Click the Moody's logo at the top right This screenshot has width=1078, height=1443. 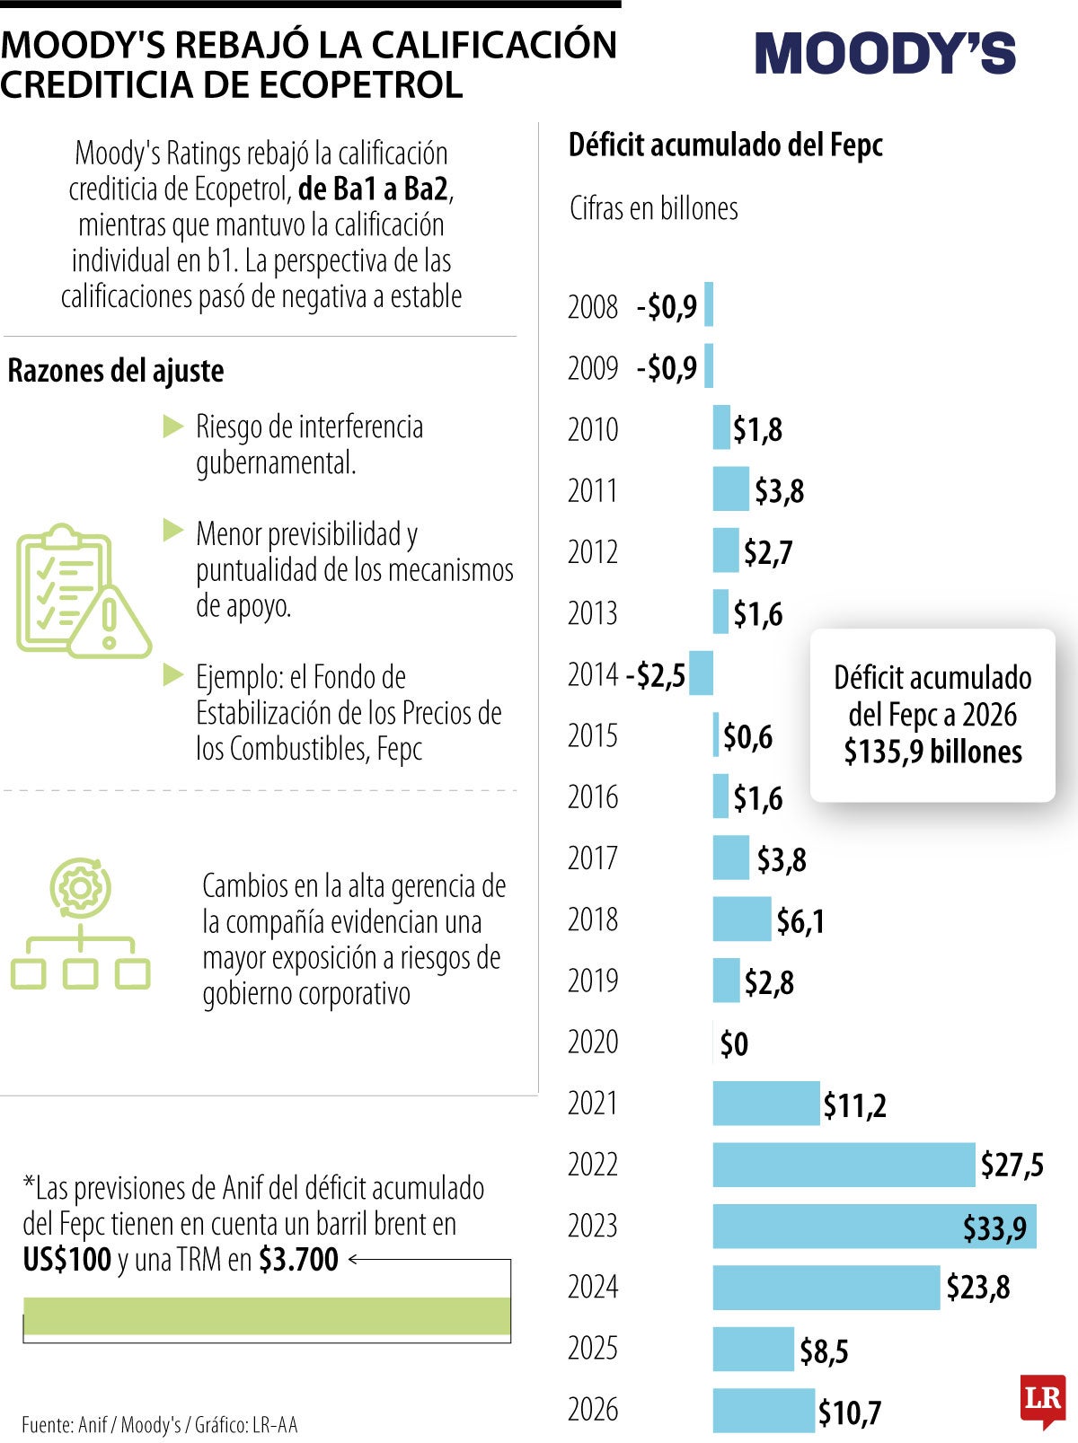click(x=885, y=54)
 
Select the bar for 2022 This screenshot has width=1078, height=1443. click(x=844, y=1165)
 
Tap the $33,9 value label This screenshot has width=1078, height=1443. click(x=994, y=1227)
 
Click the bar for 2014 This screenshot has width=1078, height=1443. click(x=701, y=673)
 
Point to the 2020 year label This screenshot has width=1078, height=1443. click(x=593, y=1043)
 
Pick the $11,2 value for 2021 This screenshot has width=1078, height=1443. click(x=854, y=1105)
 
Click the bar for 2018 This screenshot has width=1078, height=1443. click(x=741, y=919)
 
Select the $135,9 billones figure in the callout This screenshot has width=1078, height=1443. click(x=932, y=752)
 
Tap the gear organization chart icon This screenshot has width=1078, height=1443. click(x=80, y=925)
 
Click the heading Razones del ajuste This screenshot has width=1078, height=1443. click(x=116, y=371)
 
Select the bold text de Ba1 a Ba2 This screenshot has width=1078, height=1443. click(x=373, y=189)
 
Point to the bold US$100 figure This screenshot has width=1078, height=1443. click(x=67, y=1260)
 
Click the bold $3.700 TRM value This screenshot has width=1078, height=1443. click(x=298, y=1260)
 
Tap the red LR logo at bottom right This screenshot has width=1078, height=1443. click(x=1042, y=1399)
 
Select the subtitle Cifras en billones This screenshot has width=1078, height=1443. click(x=653, y=208)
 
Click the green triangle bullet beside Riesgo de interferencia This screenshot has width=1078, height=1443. click(x=172, y=427)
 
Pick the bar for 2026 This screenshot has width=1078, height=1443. click(x=764, y=1410)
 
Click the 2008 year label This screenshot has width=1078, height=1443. click(x=593, y=307)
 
